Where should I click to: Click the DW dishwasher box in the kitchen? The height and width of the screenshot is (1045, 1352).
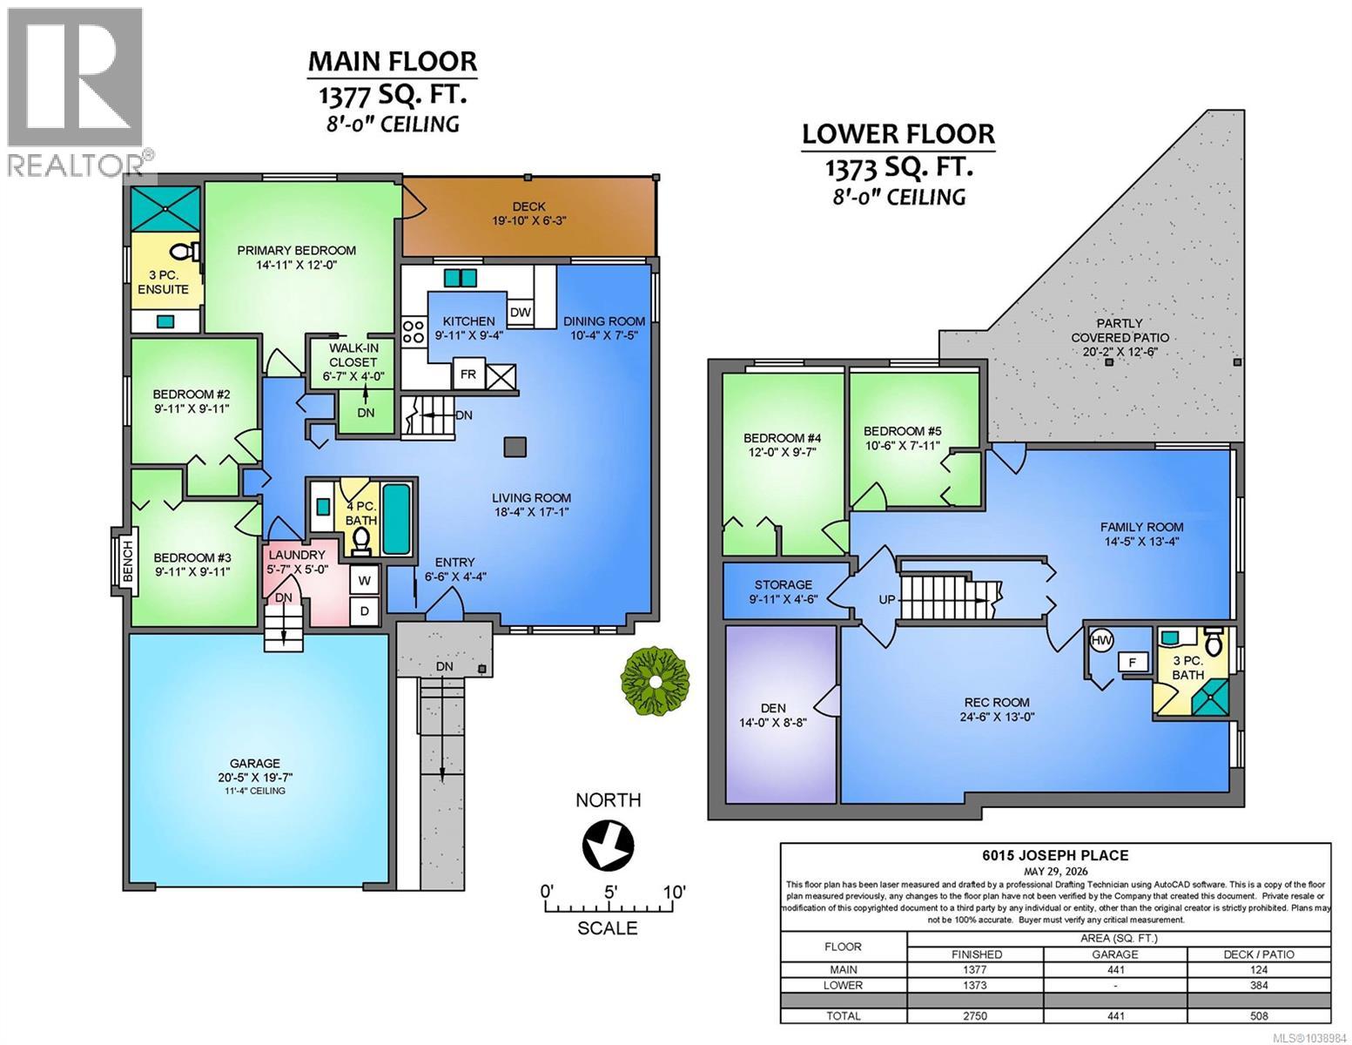520,312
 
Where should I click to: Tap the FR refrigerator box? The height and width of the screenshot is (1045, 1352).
468,374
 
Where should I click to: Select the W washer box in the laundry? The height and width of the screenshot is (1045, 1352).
365,581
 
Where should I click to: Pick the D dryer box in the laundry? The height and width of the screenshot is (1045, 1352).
365,611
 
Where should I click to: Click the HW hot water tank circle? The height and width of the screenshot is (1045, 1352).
1101,640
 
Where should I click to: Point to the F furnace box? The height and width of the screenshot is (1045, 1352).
1133,662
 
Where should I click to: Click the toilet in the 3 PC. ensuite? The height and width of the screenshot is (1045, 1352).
184,252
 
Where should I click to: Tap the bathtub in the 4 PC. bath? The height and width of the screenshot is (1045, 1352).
395,518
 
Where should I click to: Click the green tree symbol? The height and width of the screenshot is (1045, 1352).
656,682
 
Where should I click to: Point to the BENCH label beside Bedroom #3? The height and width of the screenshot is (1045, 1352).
128,562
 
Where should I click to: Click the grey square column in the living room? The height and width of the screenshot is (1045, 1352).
515,447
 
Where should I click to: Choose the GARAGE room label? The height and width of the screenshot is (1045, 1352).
254,763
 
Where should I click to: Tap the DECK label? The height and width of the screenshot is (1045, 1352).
528,206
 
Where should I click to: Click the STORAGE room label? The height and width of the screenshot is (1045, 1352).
784,584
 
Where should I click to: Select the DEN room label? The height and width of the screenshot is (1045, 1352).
773,708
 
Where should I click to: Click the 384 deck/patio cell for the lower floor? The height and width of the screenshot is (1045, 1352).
1259,985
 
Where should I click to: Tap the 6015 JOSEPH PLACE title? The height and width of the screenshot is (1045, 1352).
1055,855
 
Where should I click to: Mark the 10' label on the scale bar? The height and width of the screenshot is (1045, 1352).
674,892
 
